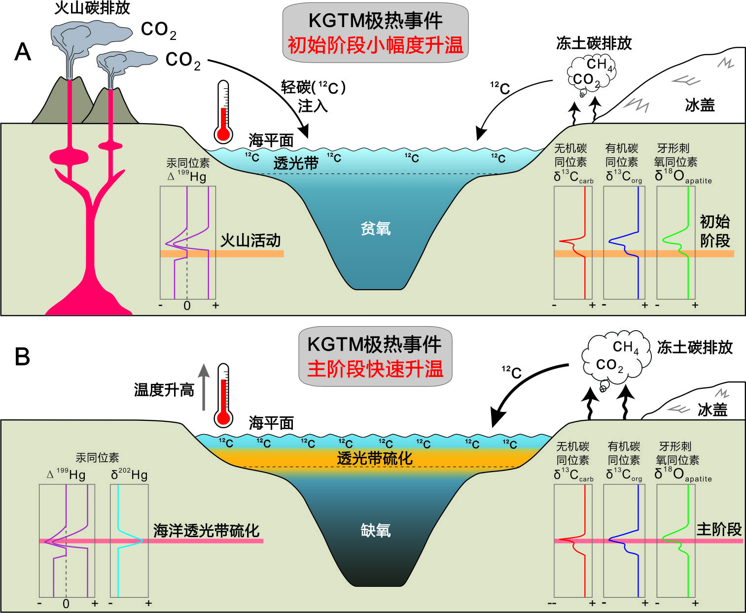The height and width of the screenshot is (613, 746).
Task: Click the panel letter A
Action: tap(23, 52)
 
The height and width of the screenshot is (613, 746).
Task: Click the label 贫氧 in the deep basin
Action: tap(376, 228)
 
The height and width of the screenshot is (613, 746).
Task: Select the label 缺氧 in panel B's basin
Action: tap(376, 530)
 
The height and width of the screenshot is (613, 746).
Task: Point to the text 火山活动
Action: tap(250, 240)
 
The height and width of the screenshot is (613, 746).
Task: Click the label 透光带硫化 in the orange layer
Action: tap(375, 458)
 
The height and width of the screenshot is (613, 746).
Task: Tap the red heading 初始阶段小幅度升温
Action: tap(375, 45)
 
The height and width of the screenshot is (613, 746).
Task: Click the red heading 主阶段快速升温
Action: tap(375, 369)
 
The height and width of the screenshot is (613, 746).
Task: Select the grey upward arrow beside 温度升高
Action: tap(204, 387)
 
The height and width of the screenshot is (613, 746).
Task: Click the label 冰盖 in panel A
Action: tap(700, 105)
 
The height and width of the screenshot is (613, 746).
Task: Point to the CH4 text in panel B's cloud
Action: tap(626, 347)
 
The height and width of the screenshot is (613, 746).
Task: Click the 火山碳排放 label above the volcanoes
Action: tap(92, 8)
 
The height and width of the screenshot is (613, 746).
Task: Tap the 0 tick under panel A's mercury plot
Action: tap(187, 306)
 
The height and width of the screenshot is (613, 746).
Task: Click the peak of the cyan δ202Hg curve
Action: tap(142, 541)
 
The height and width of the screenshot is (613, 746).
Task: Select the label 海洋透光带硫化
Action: tap(206, 530)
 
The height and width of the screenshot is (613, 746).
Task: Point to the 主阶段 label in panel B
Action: tap(719, 530)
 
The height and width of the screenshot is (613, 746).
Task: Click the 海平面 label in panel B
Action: tap(271, 423)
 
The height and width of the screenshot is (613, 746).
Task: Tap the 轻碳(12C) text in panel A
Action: tap(313, 87)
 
